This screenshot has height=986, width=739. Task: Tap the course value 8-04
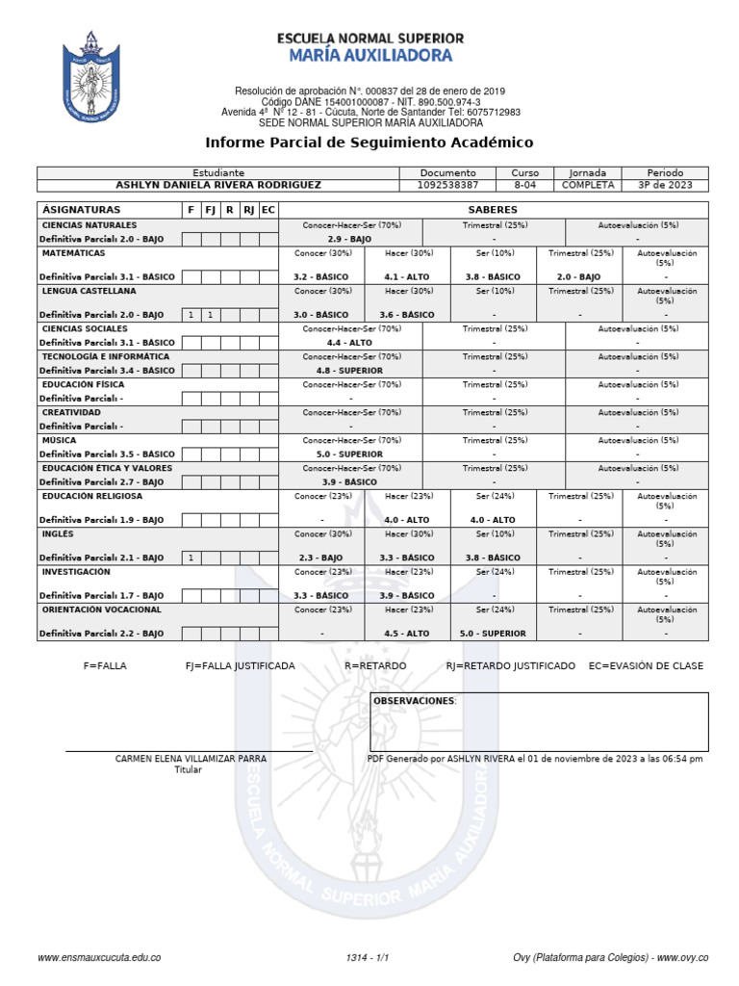point(525,185)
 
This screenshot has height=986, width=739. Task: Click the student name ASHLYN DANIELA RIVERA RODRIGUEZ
point(218,185)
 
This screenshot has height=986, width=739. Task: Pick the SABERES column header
point(493,209)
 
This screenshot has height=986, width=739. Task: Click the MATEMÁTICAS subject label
point(74,252)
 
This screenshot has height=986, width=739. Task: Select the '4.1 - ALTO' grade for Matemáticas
point(406,276)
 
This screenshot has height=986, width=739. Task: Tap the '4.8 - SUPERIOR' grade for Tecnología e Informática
point(348,370)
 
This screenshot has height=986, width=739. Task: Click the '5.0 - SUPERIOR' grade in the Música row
point(348,454)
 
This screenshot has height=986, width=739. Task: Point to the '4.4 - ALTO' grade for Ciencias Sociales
point(348,342)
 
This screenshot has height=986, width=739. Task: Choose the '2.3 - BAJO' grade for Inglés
point(320,558)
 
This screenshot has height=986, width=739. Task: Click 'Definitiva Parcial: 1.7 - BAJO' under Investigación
point(102,596)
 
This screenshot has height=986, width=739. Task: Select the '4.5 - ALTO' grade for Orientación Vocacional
point(406,634)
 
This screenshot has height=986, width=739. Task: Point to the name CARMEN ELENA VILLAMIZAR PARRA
point(191,759)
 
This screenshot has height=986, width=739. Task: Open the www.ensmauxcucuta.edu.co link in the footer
point(98,957)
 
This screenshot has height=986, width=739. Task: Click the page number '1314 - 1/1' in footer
point(368,957)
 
